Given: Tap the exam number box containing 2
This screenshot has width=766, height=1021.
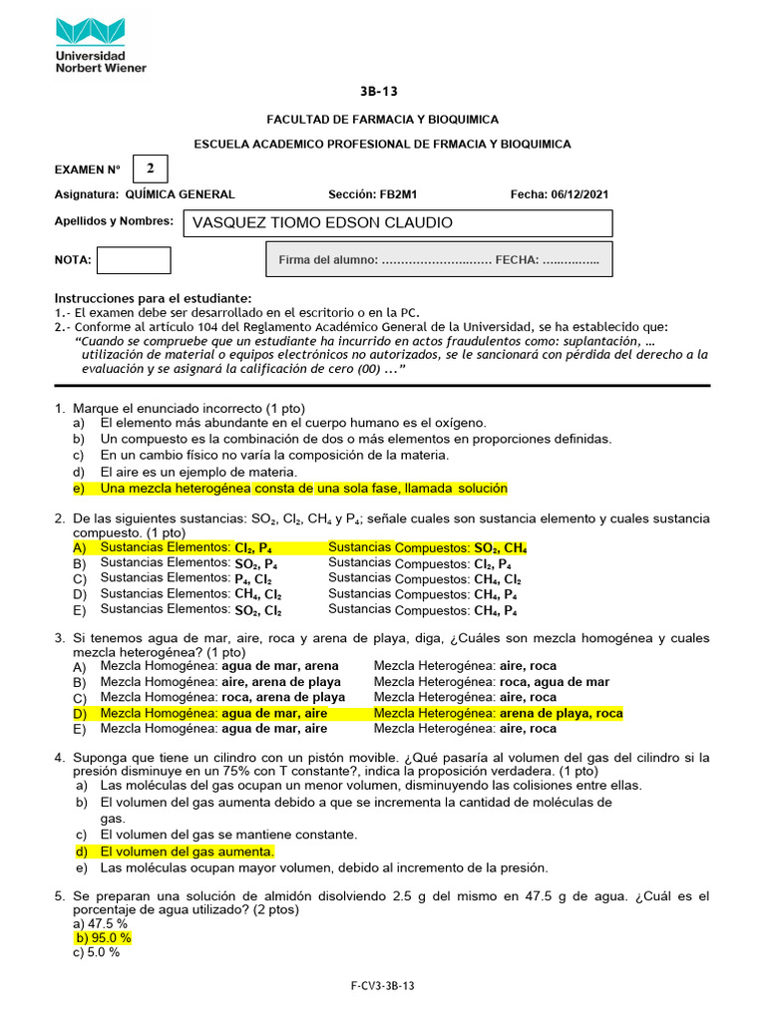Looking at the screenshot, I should click(150, 168).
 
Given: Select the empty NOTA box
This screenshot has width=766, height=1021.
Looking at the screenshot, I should click(134, 260).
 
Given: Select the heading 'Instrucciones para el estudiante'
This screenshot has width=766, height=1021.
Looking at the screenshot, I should click(153, 299).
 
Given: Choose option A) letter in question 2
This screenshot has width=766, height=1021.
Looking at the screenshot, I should click(80, 548).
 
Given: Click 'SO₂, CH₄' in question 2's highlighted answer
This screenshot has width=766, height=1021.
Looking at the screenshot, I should click(500, 548).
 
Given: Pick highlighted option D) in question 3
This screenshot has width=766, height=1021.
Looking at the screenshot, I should click(80, 714).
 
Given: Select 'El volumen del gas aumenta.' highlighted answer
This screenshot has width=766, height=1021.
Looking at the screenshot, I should click(186, 851).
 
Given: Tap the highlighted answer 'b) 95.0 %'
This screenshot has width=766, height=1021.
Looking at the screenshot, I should click(103, 938).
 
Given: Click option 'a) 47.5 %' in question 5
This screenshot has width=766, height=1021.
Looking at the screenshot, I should click(101, 924).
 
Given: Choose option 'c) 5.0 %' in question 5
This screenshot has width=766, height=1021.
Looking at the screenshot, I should click(97, 952).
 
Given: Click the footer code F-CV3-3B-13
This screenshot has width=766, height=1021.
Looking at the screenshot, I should click(382, 986).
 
